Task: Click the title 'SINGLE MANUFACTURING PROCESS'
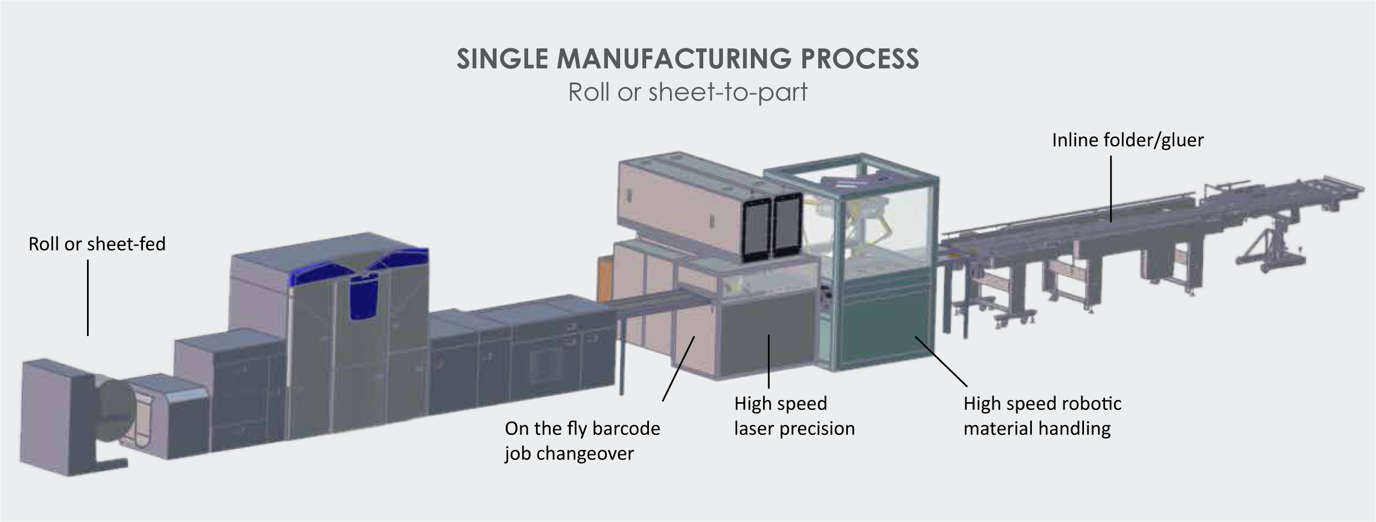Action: click(x=688, y=59)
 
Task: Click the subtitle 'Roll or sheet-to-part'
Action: click(x=688, y=92)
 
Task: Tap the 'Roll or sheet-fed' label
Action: click(x=97, y=244)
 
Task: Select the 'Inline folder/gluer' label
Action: click(x=1128, y=140)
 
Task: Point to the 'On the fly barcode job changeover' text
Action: click(x=582, y=440)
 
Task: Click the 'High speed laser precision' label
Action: click(x=794, y=415)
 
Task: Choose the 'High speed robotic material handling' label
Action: click(x=1042, y=415)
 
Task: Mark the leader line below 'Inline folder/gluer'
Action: click(x=1111, y=189)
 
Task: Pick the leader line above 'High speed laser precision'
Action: click(x=769, y=361)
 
